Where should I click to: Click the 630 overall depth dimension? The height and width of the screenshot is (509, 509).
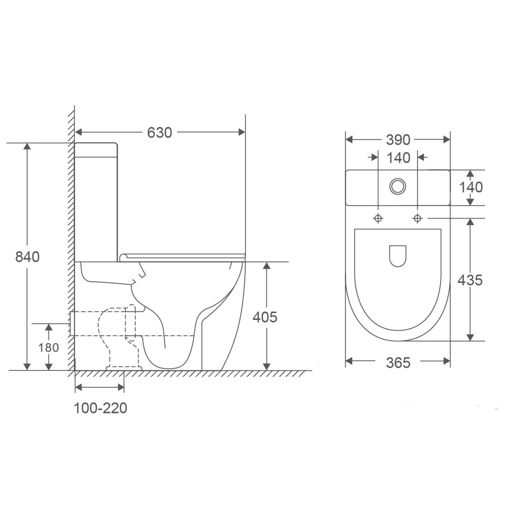click(159, 133)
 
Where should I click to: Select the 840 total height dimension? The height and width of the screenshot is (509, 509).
click(27, 257)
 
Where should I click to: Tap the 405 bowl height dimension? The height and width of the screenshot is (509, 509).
click(265, 317)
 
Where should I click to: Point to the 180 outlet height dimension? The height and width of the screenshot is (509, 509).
click(49, 348)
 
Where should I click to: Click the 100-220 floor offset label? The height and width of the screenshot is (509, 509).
click(100, 408)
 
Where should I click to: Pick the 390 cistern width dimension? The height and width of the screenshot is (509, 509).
click(398, 140)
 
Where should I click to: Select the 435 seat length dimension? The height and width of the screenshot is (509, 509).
click(470, 280)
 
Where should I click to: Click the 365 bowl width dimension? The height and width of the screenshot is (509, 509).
click(398, 363)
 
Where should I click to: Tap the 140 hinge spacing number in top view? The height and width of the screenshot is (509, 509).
click(398, 158)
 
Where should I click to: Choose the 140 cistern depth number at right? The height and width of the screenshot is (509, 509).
click(471, 187)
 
